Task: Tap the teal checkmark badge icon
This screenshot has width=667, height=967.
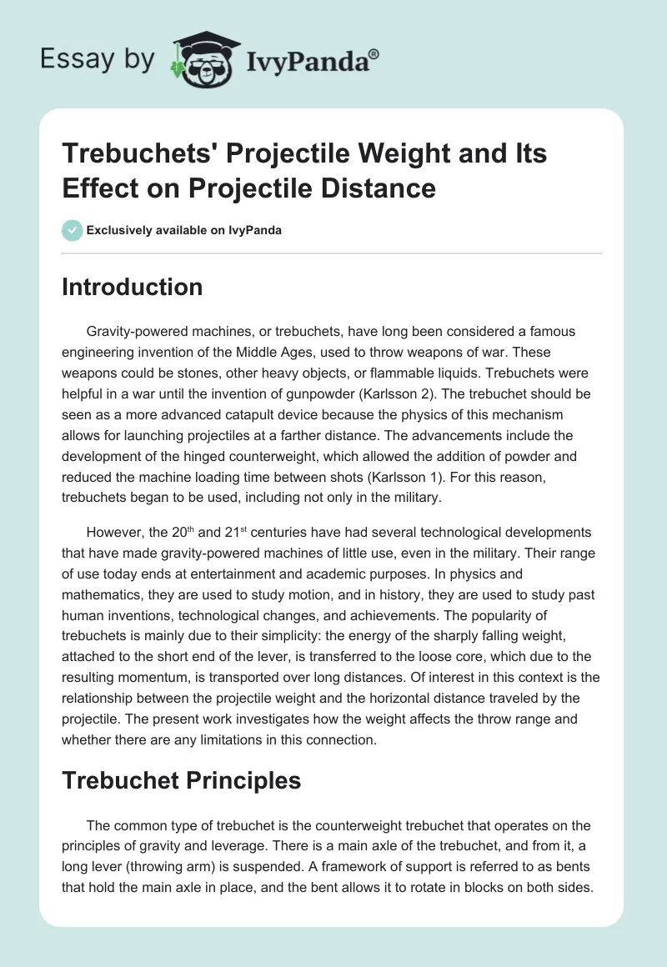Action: coord(73,230)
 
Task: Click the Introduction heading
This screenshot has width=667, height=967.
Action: coord(133,287)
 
